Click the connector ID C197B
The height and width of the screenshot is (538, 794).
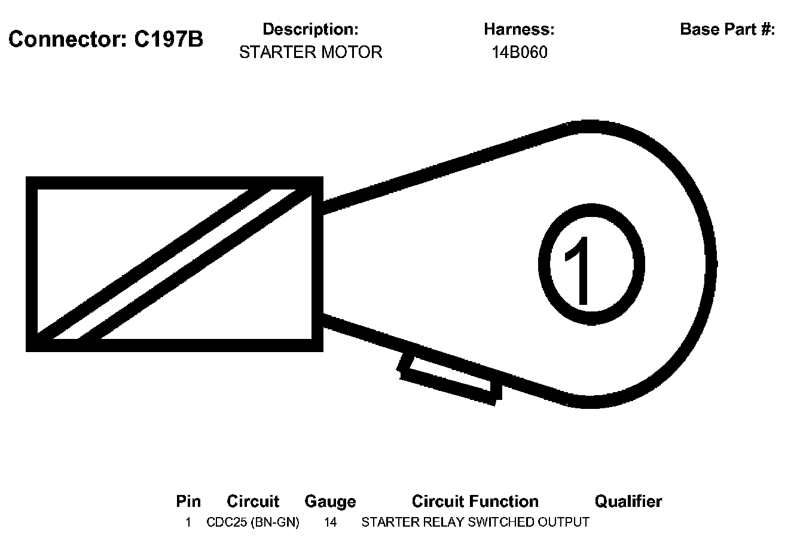[169, 40]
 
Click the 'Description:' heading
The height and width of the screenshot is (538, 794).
[310, 29]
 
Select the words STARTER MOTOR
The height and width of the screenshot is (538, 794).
[310, 53]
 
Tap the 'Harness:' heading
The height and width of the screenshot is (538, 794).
[519, 29]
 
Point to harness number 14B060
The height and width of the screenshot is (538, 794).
[519, 53]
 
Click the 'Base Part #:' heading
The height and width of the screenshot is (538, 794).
[727, 29]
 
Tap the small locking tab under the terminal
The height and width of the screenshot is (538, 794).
[450, 378]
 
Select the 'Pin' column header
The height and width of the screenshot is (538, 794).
[188, 501]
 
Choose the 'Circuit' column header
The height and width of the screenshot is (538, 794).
[253, 501]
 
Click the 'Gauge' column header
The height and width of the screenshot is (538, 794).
[330, 501]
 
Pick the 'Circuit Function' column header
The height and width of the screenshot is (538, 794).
[475, 501]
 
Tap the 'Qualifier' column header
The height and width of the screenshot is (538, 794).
[628, 501]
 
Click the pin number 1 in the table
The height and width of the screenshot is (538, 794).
[188, 522]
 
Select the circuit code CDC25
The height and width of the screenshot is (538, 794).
[227, 522]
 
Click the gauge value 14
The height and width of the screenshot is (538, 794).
[330, 522]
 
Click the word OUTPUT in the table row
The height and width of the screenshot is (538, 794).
[563, 522]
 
